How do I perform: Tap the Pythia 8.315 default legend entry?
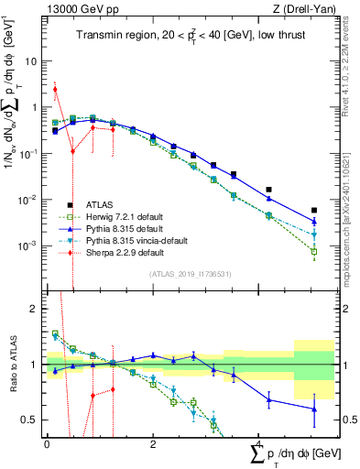point(120,228)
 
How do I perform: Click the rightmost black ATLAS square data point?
point(314,210)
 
